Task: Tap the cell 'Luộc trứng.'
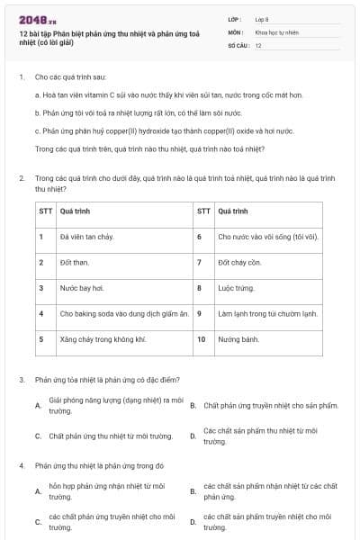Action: click(237, 288)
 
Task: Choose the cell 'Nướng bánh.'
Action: click(238, 339)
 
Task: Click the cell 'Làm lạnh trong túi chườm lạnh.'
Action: click(268, 314)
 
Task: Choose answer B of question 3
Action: click(267, 406)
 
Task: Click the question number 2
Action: click(21, 178)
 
